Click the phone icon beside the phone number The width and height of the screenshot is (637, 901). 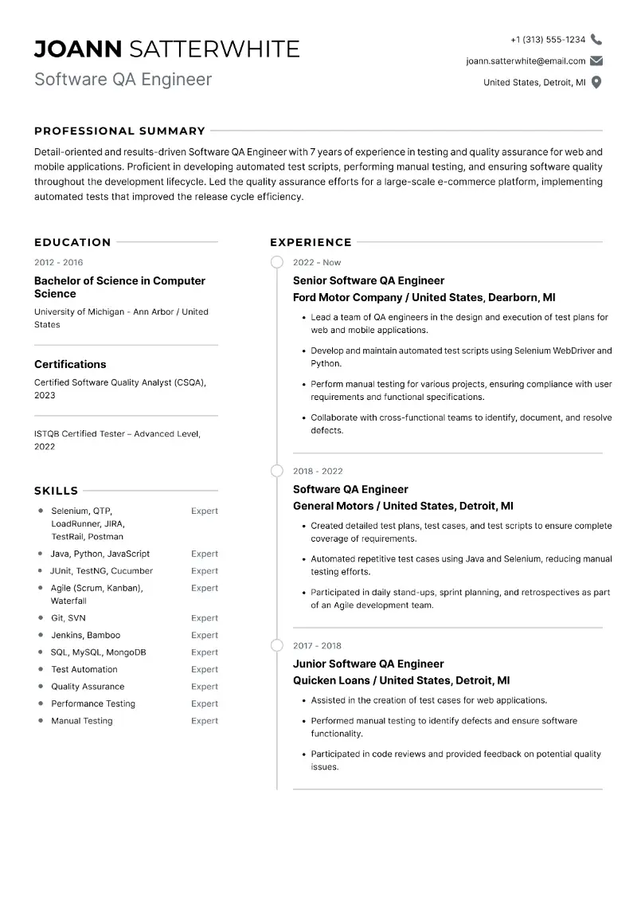coord(596,39)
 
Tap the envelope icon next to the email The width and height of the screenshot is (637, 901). coord(596,61)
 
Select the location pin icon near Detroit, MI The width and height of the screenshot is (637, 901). coord(596,82)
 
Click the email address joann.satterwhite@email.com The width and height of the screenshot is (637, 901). coord(526,61)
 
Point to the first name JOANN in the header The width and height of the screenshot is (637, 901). coord(78,49)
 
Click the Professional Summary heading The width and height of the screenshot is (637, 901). coord(119,131)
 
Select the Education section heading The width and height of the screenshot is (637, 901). coord(72,242)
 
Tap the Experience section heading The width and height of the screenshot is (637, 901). coord(311,242)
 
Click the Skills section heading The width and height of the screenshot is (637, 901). coord(56,491)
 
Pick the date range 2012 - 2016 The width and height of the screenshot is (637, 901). coord(58,262)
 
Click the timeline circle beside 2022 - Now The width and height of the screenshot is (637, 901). coord(277,262)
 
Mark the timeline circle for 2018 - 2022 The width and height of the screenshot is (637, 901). coord(277,471)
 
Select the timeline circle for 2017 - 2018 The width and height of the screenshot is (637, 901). coord(277,645)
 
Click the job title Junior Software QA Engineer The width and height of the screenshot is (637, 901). coord(368,664)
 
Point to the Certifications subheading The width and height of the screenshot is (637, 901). coord(70,364)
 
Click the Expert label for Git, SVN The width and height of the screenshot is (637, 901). coord(205,618)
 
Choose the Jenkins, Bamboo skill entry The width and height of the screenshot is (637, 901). coord(85,635)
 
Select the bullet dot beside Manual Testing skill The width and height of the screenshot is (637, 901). coord(40,721)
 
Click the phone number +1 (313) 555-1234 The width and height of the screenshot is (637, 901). coord(548,39)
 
